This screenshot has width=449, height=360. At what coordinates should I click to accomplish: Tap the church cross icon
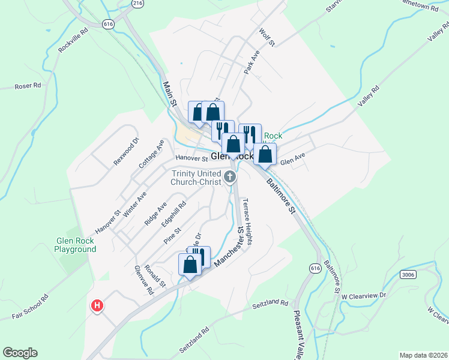(x=231, y=176)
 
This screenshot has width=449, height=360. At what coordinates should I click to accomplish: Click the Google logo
(x=20, y=353)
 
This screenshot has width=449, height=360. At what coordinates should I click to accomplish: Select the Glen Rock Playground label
(x=75, y=245)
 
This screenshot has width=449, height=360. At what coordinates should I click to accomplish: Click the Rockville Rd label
(x=73, y=40)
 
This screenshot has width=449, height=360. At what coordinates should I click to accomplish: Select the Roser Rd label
(x=29, y=86)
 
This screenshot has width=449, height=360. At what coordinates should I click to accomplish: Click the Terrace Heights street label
(x=247, y=222)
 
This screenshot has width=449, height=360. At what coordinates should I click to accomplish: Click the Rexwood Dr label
(x=126, y=152)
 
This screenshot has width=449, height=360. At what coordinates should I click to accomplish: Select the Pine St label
(x=172, y=235)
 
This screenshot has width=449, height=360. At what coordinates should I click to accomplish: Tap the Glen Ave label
(x=293, y=161)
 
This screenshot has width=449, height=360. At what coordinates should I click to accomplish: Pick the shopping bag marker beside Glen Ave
(x=265, y=154)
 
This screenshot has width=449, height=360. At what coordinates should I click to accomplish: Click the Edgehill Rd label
(x=174, y=214)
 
